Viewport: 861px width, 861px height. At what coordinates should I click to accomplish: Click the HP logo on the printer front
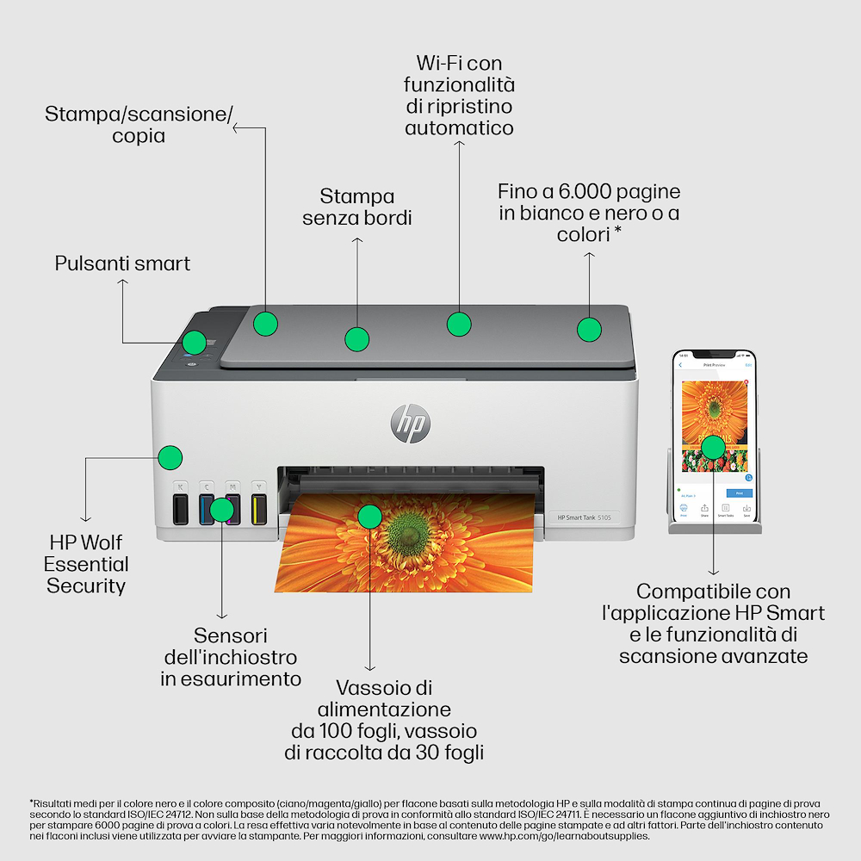click(410, 424)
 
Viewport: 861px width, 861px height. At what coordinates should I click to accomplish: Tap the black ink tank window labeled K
click(180, 509)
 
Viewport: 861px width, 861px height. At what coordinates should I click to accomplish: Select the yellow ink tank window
click(258, 509)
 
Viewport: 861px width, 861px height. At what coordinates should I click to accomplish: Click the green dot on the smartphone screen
click(712, 446)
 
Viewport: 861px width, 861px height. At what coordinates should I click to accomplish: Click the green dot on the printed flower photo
click(369, 517)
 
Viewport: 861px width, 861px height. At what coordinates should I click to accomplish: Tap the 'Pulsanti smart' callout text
click(122, 263)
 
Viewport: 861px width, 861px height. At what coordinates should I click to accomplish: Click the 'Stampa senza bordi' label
click(357, 208)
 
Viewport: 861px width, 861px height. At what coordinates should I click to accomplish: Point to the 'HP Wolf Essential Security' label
click(86, 565)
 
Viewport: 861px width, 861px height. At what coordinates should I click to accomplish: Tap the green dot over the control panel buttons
click(195, 342)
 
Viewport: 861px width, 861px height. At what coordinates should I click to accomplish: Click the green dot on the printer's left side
click(171, 456)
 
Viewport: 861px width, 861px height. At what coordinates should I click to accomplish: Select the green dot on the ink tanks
click(222, 510)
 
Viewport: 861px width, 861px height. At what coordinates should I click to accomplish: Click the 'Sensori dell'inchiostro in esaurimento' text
click(231, 658)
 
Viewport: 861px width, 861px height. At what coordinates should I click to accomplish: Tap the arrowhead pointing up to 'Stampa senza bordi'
click(357, 241)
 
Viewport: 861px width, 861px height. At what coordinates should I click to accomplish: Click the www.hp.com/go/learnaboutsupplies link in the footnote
click(564, 835)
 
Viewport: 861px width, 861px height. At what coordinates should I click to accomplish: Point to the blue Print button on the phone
click(738, 493)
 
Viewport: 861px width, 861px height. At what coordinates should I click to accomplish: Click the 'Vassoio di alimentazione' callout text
click(384, 698)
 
